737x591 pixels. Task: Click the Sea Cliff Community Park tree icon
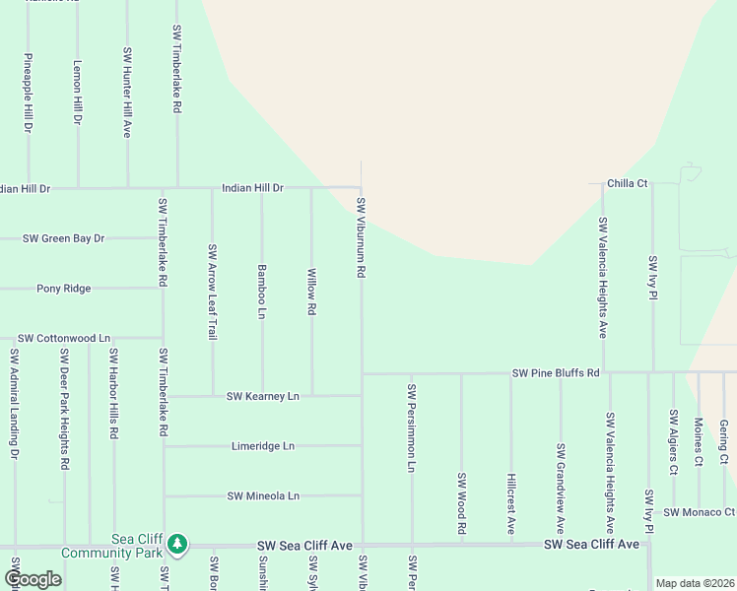pyautogui.click(x=177, y=543)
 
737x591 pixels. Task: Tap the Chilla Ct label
pyautogui.click(x=627, y=183)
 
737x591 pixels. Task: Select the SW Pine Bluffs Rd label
pyautogui.click(x=556, y=373)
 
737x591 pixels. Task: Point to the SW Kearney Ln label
pyautogui.click(x=262, y=396)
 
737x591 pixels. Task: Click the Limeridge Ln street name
pyautogui.click(x=262, y=446)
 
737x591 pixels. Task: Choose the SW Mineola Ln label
pyautogui.click(x=262, y=495)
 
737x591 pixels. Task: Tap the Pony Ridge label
pyautogui.click(x=63, y=289)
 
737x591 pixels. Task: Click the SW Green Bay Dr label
pyautogui.click(x=63, y=238)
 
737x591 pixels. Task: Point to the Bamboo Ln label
pyautogui.click(x=262, y=291)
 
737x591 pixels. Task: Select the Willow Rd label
pyautogui.click(x=312, y=292)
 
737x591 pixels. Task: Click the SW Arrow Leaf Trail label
pyautogui.click(x=212, y=293)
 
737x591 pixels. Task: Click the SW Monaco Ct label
pyautogui.click(x=699, y=512)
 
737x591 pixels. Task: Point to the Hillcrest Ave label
pyautogui.click(x=511, y=502)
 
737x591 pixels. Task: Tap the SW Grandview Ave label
pyautogui.click(x=561, y=489)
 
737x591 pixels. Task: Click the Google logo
pyautogui.click(x=33, y=579)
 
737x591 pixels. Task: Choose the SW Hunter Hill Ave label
pyautogui.click(x=127, y=92)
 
